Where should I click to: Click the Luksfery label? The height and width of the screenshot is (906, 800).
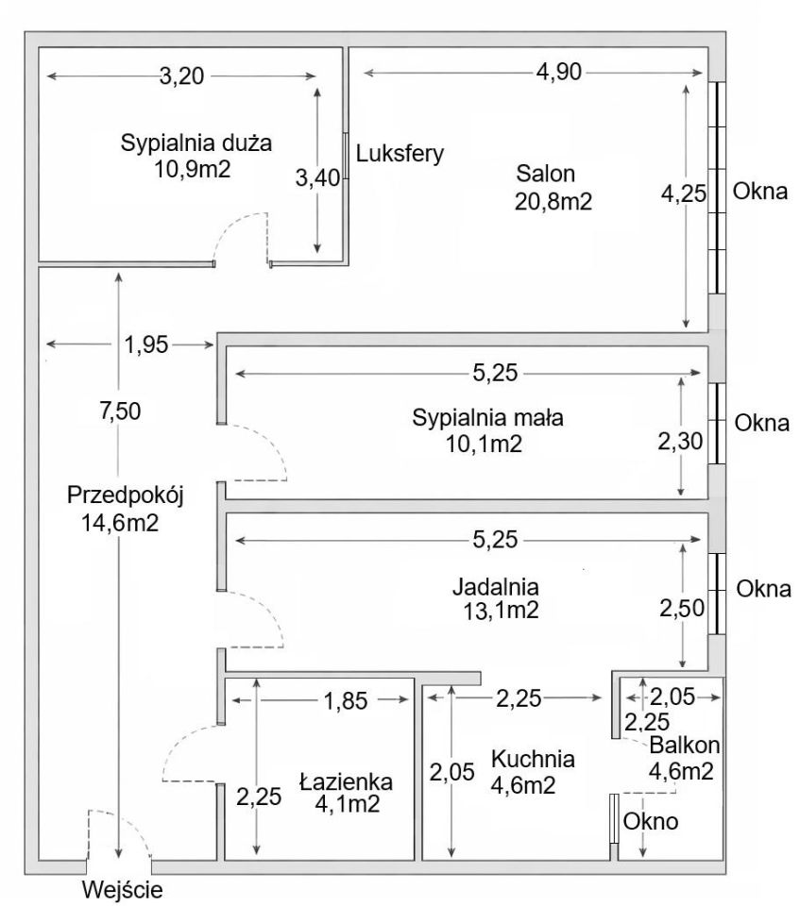click(400, 153)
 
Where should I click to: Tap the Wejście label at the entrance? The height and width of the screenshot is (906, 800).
click(123, 888)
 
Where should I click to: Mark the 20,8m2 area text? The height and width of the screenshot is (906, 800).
click(553, 200)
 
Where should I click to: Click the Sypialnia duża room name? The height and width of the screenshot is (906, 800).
click(196, 144)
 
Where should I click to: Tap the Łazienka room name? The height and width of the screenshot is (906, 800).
click(346, 781)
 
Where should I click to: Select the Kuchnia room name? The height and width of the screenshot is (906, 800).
click(533, 758)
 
